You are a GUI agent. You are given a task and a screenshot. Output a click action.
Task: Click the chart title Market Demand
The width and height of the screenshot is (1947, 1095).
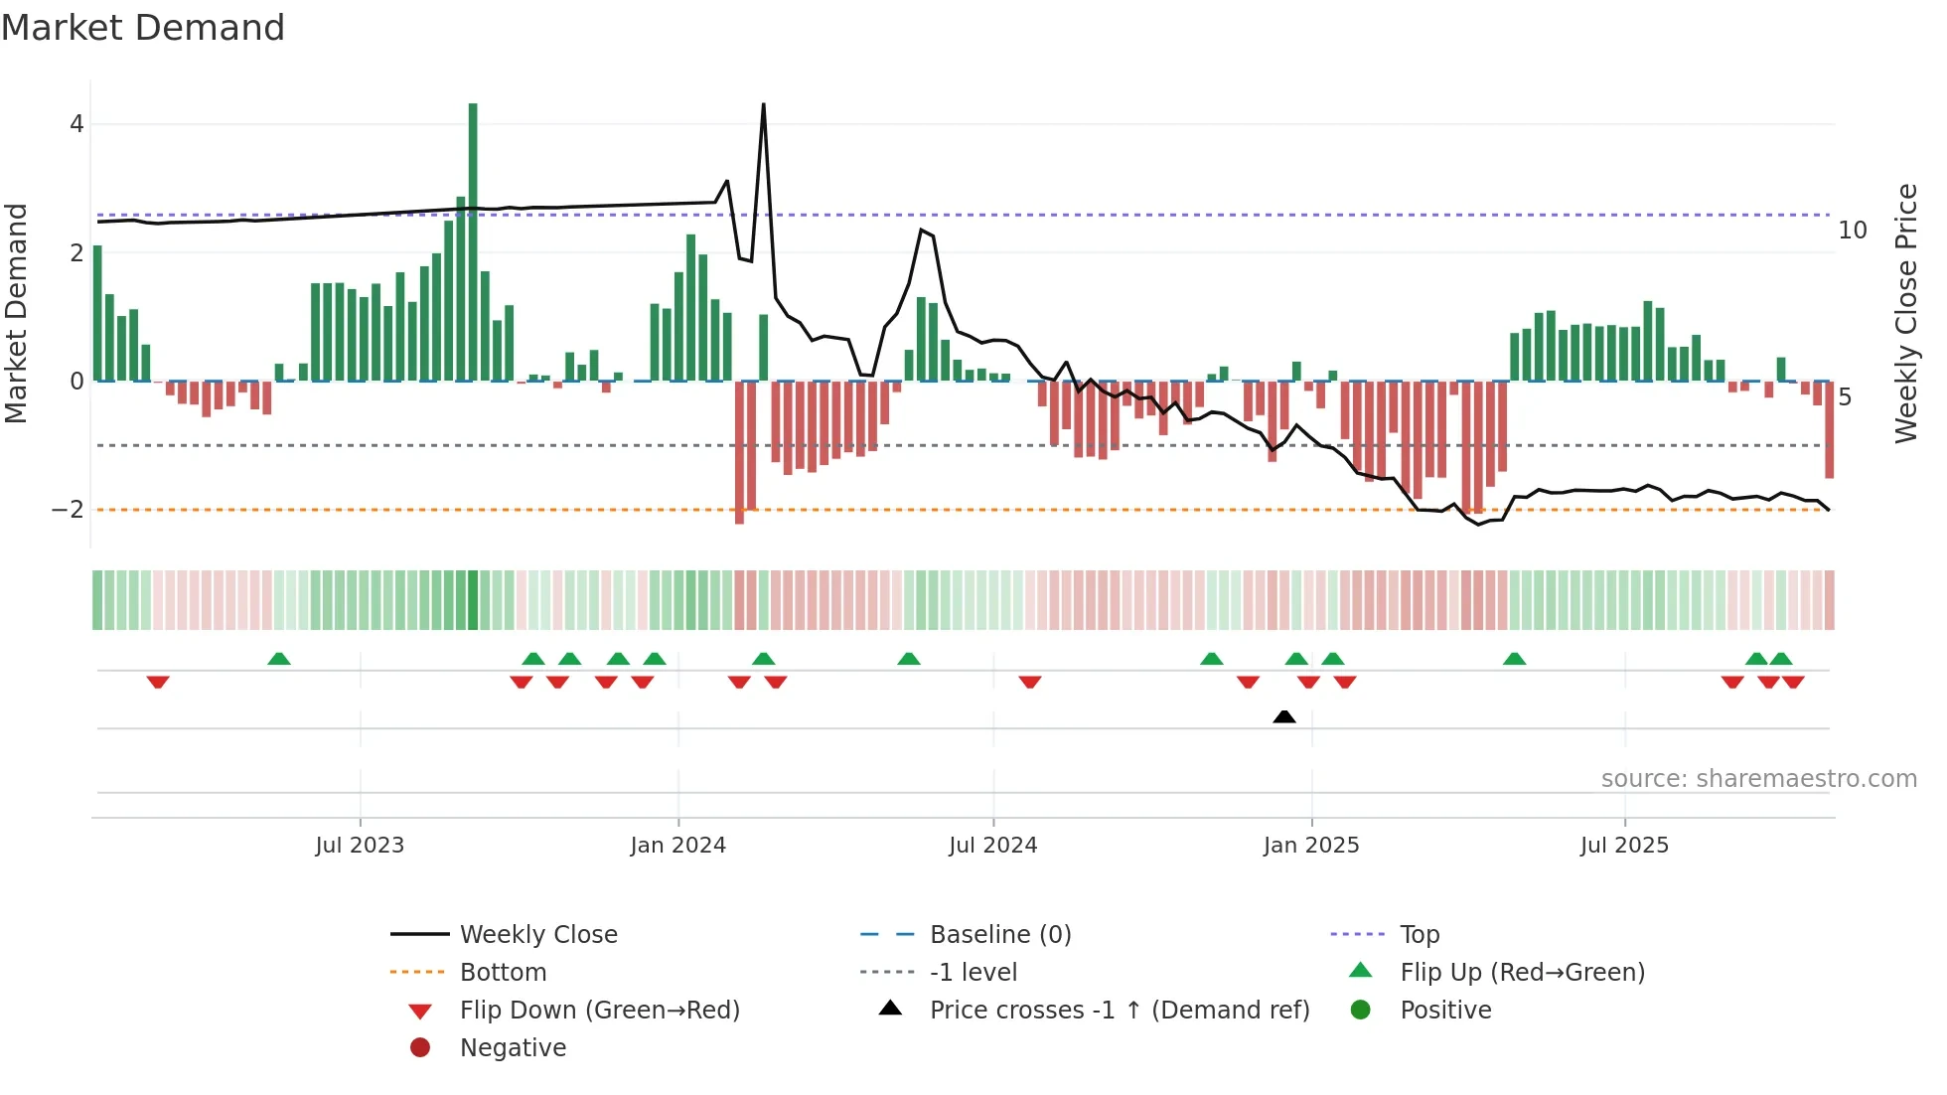tap(143, 28)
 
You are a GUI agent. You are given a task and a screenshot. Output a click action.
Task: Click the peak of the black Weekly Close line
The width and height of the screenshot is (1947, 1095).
tap(763, 104)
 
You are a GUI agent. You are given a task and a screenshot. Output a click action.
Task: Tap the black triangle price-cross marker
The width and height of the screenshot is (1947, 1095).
tap(1284, 716)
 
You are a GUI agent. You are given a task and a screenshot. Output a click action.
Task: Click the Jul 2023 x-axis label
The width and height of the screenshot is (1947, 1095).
tap(360, 846)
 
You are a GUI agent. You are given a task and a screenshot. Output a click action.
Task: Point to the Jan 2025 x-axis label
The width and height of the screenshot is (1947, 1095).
tap(1311, 846)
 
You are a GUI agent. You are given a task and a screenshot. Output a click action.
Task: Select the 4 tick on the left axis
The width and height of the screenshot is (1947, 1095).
tap(76, 124)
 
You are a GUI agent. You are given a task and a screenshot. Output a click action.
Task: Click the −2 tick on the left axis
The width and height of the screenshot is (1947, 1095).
tap(69, 510)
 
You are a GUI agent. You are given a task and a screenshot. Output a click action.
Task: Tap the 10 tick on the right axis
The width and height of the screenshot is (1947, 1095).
tap(1853, 231)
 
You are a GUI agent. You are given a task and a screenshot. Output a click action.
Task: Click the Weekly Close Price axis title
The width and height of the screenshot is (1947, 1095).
tap(1905, 313)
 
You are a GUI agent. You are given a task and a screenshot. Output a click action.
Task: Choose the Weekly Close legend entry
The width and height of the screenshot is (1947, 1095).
tap(537, 935)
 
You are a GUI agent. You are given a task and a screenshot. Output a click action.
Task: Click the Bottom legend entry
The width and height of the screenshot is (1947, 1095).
tap(503, 973)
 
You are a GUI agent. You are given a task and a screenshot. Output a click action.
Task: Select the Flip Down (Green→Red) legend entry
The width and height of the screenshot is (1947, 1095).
tap(599, 1011)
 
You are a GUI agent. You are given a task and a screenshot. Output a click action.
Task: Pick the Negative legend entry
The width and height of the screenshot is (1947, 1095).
tap(513, 1048)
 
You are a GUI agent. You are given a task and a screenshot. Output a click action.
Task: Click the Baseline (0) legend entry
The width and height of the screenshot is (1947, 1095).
tap(999, 935)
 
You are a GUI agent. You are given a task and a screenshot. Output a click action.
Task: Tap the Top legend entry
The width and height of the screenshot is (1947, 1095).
tap(1420, 935)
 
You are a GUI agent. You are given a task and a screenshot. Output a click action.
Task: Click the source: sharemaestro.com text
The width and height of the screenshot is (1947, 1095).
tap(1758, 779)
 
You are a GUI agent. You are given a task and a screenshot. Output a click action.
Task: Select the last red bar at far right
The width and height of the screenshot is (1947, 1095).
tap(1829, 429)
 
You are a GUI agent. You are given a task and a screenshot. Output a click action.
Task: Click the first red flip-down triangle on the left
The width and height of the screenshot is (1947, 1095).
tap(158, 683)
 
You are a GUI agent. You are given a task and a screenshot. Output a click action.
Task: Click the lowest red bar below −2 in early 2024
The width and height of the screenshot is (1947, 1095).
tap(739, 452)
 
